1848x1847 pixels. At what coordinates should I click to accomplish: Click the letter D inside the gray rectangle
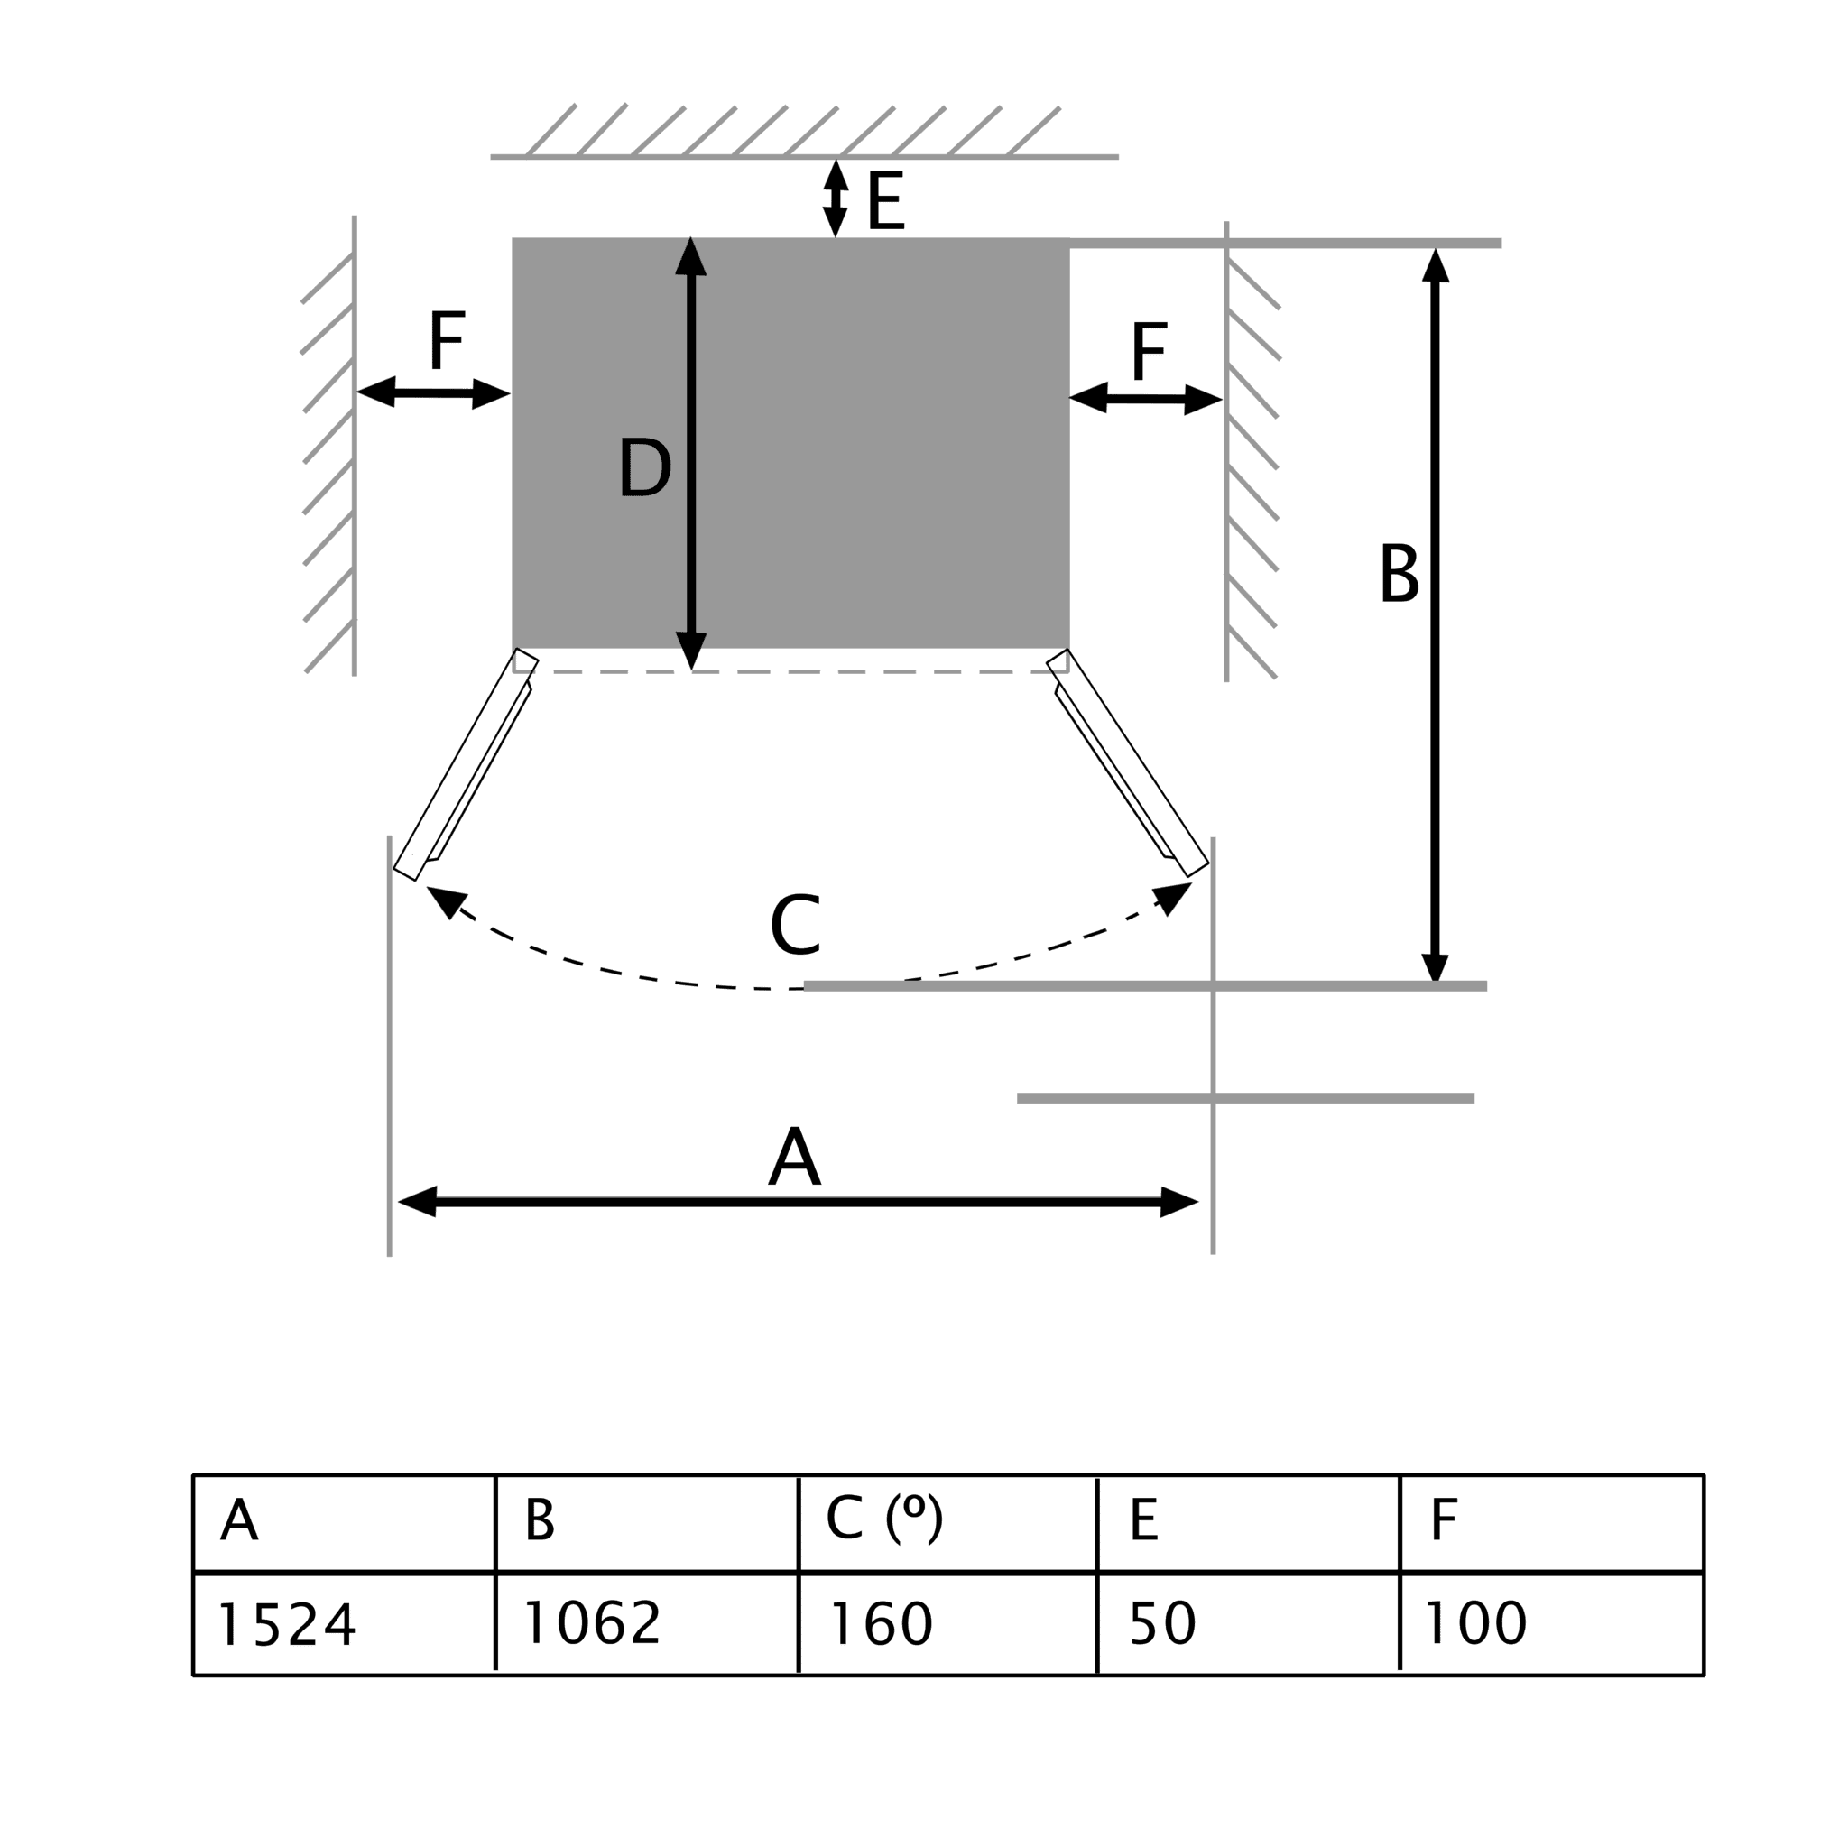pyautogui.click(x=644, y=466)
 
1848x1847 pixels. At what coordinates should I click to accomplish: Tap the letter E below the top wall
pyautogui.click(x=886, y=201)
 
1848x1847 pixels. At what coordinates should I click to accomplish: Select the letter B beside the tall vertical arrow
pyautogui.click(x=1400, y=573)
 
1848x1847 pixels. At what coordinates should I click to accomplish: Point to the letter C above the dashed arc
pyautogui.click(x=795, y=925)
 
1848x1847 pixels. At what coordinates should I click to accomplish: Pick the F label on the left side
pyautogui.click(x=447, y=339)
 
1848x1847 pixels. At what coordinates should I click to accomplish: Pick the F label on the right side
pyautogui.click(x=1149, y=351)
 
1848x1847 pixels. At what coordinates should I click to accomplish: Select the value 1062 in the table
pyautogui.click(x=592, y=1622)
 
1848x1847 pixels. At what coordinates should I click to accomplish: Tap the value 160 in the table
pyautogui.click(x=881, y=1623)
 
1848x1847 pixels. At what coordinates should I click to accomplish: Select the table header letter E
pyautogui.click(x=1144, y=1519)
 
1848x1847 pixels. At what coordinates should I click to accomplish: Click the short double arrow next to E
pyautogui.click(x=836, y=198)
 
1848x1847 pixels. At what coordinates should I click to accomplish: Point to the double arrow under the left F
pyautogui.click(x=433, y=393)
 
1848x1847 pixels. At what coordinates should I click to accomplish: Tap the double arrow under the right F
pyautogui.click(x=1146, y=399)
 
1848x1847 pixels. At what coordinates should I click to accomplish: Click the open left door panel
pyautogui.click(x=466, y=764)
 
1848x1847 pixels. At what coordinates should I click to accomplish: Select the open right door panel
pyautogui.click(x=1128, y=762)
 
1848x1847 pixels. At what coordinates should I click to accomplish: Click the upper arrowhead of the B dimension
pyautogui.click(x=1436, y=265)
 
